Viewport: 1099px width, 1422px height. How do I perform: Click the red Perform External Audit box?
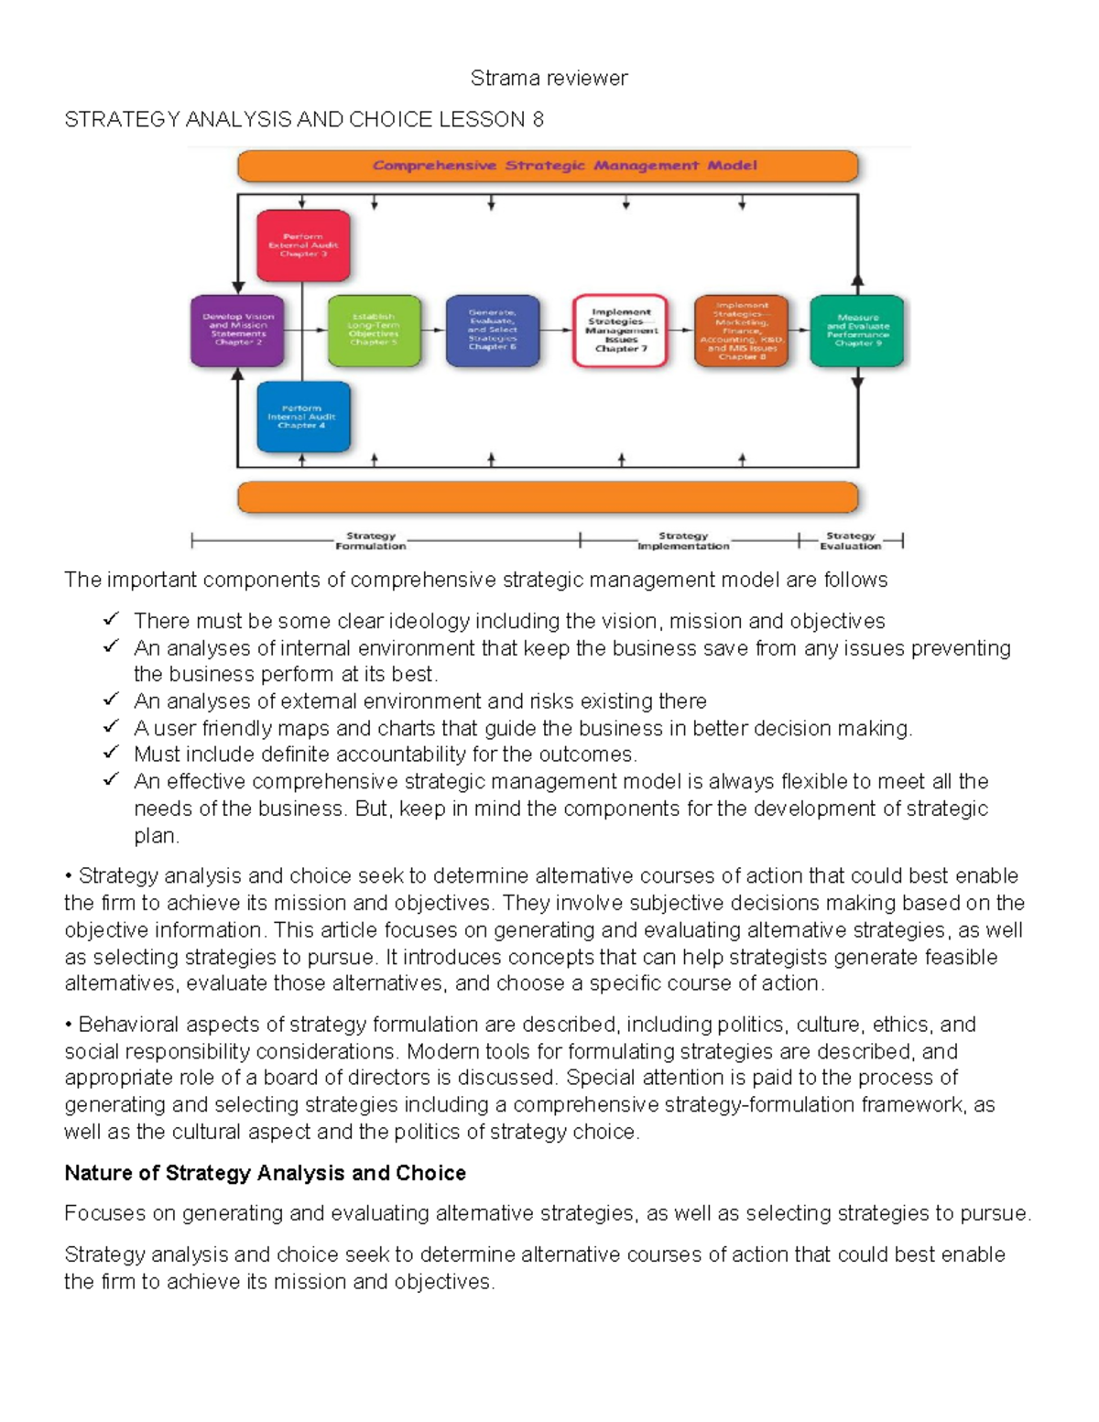[303, 245]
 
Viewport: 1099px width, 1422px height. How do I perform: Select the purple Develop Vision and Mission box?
[238, 330]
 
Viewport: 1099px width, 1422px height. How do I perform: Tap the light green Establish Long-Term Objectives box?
[374, 330]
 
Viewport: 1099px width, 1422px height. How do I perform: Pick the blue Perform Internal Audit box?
[303, 417]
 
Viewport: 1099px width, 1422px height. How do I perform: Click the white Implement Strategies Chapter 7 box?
[620, 330]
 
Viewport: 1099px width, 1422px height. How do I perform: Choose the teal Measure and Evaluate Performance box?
[857, 330]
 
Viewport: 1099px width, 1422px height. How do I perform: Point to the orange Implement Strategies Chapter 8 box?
[742, 331]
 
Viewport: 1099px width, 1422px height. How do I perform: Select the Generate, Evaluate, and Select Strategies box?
[493, 330]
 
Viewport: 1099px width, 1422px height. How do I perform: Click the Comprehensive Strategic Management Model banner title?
[564, 166]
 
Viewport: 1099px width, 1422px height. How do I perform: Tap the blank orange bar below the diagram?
[548, 497]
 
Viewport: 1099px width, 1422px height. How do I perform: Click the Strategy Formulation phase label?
[370, 541]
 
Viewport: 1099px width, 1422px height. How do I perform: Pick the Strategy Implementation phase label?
[683, 541]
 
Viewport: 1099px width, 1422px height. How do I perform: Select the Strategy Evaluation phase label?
[850, 541]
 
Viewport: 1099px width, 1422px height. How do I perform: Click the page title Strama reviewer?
[549, 79]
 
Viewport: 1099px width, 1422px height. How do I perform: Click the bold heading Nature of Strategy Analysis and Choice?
[265, 1173]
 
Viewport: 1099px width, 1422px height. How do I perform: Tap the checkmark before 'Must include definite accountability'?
[112, 753]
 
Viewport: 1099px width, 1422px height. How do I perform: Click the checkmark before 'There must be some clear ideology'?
[112, 620]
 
